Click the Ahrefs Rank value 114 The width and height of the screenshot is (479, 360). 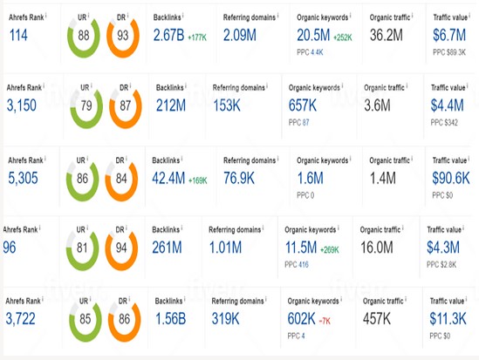pyautogui.click(x=17, y=34)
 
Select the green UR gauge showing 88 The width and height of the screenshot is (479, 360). pyautogui.click(x=85, y=36)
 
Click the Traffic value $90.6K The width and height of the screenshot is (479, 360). pyautogui.click(x=455, y=180)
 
